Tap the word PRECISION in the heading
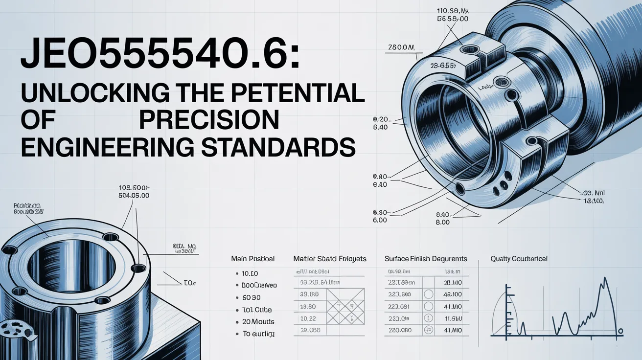pos(209,120)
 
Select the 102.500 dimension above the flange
pos(134,187)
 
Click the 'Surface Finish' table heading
pos(425,259)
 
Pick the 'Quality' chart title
pos(519,259)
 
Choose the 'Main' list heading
pos(252,259)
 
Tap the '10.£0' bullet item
pos(251,273)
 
